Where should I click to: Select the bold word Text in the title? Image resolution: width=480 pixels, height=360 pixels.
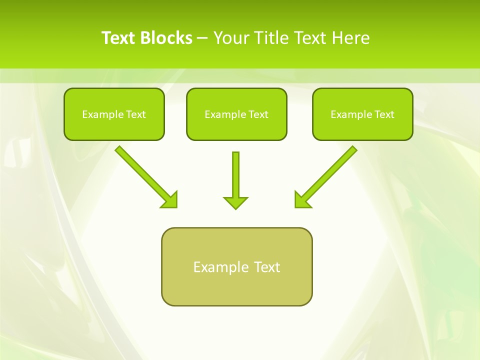pyautogui.click(x=118, y=38)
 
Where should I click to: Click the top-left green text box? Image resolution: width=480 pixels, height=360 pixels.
pyautogui.click(x=114, y=114)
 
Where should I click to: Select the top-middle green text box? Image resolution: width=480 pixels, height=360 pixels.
pyautogui.click(x=236, y=114)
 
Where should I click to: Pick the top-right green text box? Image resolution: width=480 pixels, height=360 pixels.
pyautogui.click(x=362, y=114)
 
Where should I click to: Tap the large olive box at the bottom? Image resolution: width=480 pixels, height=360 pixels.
pyautogui.click(x=236, y=266)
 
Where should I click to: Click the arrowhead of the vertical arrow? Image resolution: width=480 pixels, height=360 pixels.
pyautogui.click(x=235, y=202)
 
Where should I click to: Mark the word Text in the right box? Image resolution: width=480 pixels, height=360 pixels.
pyautogui.click(x=384, y=114)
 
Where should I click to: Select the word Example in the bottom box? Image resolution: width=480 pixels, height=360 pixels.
pyautogui.click(x=217, y=267)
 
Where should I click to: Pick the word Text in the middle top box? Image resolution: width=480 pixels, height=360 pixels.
pyautogui.click(x=258, y=114)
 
